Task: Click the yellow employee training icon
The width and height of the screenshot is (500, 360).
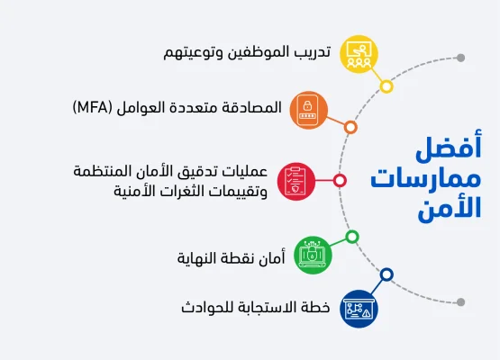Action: (359, 53)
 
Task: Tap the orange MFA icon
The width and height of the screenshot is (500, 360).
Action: (306, 108)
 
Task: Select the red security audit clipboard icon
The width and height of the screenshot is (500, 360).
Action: (295, 180)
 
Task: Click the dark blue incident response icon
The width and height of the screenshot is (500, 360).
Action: (359, 308)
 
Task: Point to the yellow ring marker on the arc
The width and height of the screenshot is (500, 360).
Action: (386, 86)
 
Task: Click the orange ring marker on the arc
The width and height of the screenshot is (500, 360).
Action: (350, 127)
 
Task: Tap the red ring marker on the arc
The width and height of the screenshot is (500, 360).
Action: (340, 180)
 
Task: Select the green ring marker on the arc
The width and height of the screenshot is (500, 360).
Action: (352, 237)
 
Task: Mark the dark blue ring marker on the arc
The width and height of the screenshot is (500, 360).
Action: (386, 274)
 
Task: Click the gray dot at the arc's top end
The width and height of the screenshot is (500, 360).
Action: (460, 58)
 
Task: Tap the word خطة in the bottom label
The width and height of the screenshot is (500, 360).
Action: (315, 308)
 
